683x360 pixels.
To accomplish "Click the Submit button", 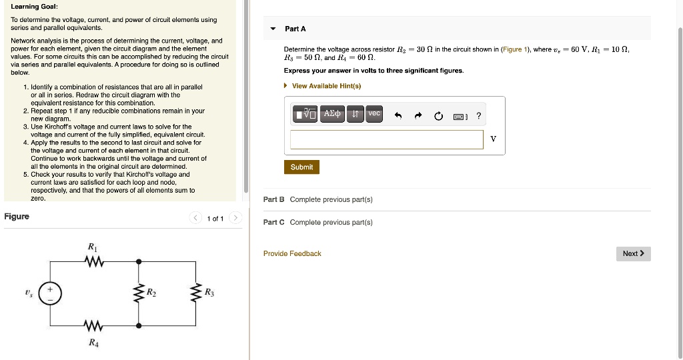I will point(301,167).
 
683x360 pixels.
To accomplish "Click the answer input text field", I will point(386,139).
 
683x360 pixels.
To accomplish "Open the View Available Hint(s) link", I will point(326,86).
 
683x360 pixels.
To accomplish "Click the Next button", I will point(633,253).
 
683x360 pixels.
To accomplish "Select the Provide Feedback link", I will point(292,253).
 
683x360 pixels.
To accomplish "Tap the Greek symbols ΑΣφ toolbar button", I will point(332,115).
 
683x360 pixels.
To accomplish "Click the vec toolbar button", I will point(374,114).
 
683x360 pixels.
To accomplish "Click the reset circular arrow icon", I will point(438,116).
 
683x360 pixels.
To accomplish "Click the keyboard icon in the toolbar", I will point(460,117).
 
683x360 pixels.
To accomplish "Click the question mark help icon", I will point(478,116).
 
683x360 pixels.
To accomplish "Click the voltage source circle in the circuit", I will point(49,293).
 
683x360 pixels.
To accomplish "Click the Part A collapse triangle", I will point(272,29).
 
